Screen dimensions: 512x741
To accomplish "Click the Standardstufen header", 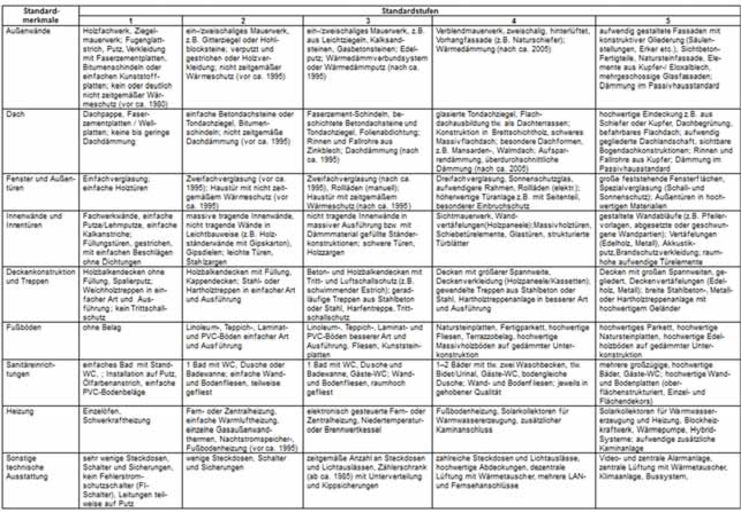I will point(409,11).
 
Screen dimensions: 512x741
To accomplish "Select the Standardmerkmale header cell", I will point(40,15).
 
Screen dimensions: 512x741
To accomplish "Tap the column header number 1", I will point(131,21).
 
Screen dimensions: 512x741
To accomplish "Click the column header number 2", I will point(242,21).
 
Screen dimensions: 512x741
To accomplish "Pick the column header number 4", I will point(514,21).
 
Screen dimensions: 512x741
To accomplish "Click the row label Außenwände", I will point(28,31).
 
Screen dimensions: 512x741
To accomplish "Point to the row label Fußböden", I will point(23,328).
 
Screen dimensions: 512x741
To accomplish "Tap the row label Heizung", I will point(20,411).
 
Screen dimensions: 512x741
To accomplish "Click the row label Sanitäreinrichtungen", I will point(30,369).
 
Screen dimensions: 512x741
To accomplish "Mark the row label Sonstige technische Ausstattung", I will point(27,467).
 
